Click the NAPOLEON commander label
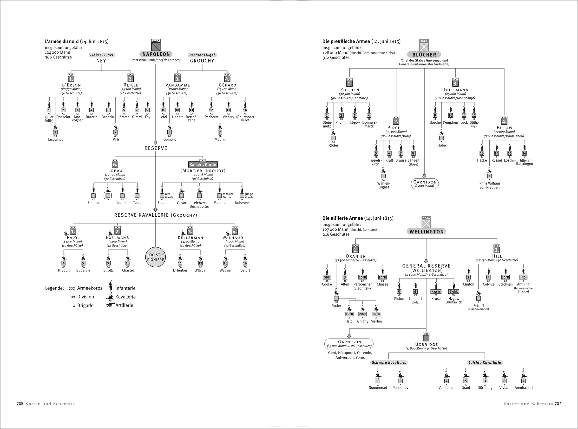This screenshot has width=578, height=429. tap(156, 54)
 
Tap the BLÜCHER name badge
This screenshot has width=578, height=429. tap(424, 55)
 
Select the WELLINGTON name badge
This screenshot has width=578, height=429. tap(427, 232)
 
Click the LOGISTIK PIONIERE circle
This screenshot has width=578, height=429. tap(156, 257)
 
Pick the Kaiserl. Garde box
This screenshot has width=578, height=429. tap(203, 165)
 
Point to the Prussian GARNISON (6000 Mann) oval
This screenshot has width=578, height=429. tap(425, 183)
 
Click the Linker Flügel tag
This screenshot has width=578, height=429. tap(102, 55)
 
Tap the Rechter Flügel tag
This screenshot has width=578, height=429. tap(202, 55)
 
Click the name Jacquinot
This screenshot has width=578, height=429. tap(55, 139)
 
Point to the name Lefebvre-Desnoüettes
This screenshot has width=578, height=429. tap(199, 205)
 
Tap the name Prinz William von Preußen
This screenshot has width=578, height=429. tap(490, 185)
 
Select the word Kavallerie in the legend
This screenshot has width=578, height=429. tap(125, 297)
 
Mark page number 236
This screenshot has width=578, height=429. tap(20, 404)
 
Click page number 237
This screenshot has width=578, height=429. tap(558, 404)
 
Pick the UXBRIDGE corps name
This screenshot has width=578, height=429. tap(427, 344)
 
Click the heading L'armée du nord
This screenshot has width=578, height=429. tap(62, 41)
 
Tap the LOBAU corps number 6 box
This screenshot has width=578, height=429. tap(115, 165)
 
